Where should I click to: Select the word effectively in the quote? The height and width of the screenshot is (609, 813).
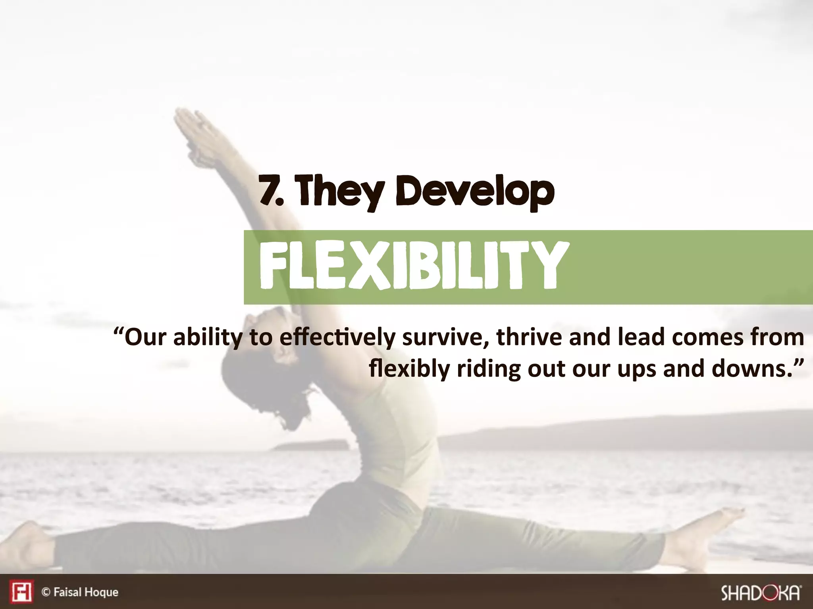click(x=337, y=338)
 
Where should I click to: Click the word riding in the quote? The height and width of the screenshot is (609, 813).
click(x=488, y=369)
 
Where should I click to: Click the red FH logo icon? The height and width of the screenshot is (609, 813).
click(x=21, y=592)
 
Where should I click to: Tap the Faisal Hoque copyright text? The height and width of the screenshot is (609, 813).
click(x=80, y=592)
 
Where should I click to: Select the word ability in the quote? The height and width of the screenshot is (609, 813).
click(x=207, y=338)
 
